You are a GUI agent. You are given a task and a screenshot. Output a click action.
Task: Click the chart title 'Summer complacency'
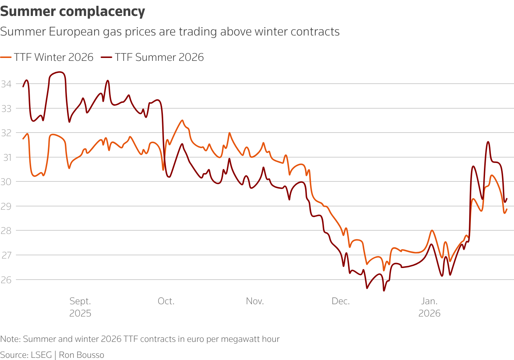(x=72, y=12)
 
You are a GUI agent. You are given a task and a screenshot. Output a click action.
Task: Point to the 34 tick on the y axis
(x=6, y=84)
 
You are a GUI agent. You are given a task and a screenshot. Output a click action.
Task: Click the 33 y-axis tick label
(x=6, y=108)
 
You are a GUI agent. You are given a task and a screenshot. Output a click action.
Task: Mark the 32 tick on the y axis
(x=6, y=133)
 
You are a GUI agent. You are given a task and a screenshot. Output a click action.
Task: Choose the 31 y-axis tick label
(x=6, y=157)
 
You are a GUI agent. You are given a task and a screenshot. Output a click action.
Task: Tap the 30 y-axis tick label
(x=6, y=182)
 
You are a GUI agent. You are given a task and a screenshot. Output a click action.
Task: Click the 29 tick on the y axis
(x=6, y=206)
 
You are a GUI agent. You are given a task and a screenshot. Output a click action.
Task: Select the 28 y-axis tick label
(x=6, y=231)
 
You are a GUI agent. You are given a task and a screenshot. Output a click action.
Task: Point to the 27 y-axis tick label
(x=6, y=255)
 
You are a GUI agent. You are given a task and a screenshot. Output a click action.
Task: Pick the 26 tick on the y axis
(x=6, y=280)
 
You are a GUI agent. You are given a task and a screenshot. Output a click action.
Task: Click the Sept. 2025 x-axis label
(x=80, y=307)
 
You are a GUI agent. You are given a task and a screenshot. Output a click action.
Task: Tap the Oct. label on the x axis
(x=166, y=301)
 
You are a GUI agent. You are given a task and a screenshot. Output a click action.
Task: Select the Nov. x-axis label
(x=255, y=301)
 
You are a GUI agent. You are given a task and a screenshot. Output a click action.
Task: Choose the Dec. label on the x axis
(x=341, y=301)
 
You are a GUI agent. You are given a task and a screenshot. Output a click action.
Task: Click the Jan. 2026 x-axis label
(x=429, y=307)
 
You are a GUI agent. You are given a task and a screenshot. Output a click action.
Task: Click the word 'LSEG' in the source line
(x=41, y=355)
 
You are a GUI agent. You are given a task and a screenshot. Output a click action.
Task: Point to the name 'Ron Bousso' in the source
(x=81, y=355)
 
